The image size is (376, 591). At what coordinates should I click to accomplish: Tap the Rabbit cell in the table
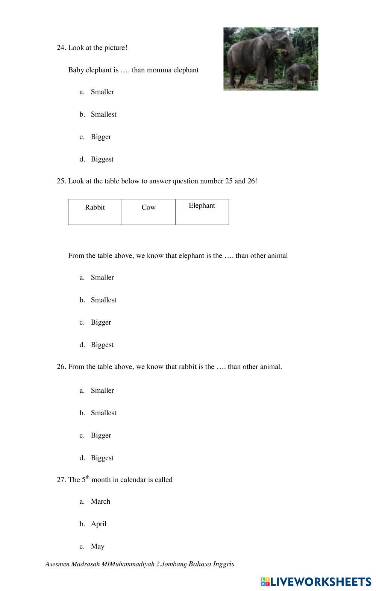(95, 211)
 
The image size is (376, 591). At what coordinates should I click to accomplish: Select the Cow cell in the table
(149, 211)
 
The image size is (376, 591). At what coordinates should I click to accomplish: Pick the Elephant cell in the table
(202, 211)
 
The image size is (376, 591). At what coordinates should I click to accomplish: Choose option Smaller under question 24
(102, 92)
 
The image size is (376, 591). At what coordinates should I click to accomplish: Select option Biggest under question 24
(102, 159)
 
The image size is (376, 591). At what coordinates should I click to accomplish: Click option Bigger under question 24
(101, 137)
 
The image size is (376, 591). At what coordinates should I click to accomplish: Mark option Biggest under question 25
(102, 345)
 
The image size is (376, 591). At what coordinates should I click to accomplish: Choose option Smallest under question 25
(103, 300)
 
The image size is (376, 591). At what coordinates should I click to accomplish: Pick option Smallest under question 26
(103, 413)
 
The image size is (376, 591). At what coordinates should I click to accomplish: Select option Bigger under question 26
(101, 435)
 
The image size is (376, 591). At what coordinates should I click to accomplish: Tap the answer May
(97, 546)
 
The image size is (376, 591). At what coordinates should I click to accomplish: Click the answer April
(99, 524)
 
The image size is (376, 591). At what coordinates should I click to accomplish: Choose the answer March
(100, 501)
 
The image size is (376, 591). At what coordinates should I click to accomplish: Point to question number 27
(61, 480)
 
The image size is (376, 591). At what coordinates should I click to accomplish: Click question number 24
(61, 48)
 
